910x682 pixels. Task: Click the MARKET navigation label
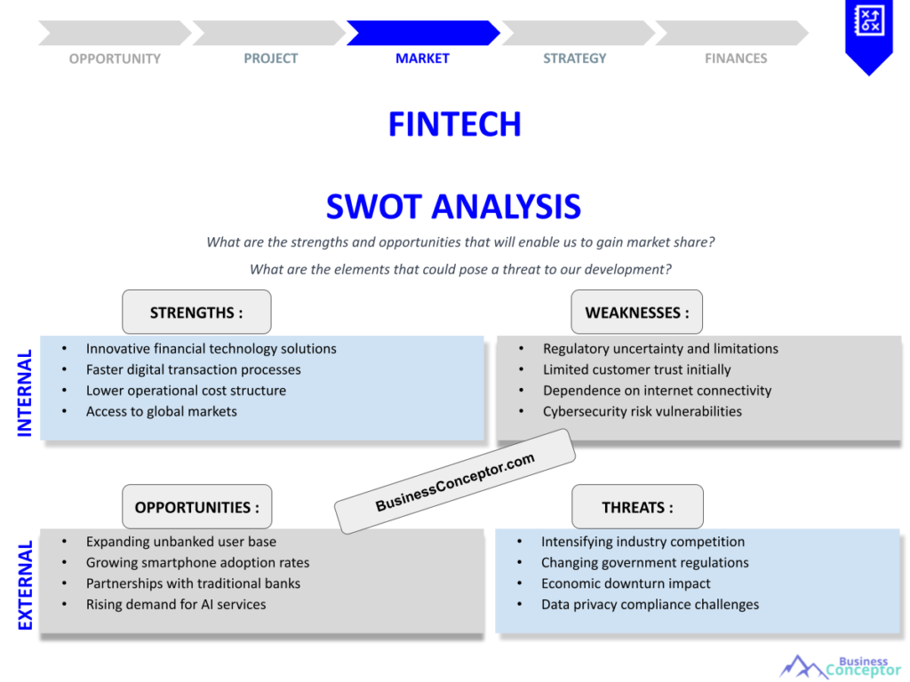(422, 59)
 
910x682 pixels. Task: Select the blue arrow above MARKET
(423, 33)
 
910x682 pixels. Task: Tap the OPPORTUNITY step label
(115, 59)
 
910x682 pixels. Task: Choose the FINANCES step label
(736, 59)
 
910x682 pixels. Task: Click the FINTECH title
(455, 124)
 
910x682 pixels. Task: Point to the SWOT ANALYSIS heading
(453, 206)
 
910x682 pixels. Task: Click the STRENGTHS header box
(196, 312)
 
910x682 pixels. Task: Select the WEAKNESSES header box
(636, 312)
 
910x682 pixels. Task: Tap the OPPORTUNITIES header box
(196, 507)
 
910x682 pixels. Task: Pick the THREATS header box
(637, 507)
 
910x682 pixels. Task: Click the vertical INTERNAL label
(24, 393)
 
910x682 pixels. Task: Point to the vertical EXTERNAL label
(25, 585)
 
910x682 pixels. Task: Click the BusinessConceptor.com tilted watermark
(455, 481)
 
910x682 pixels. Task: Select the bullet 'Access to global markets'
(162, 412)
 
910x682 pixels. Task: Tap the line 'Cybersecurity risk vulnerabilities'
(643, 412)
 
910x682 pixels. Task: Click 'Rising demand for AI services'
(176, 604)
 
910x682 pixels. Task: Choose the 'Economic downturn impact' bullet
(626, 583)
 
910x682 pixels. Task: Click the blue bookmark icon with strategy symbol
(869, 36)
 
